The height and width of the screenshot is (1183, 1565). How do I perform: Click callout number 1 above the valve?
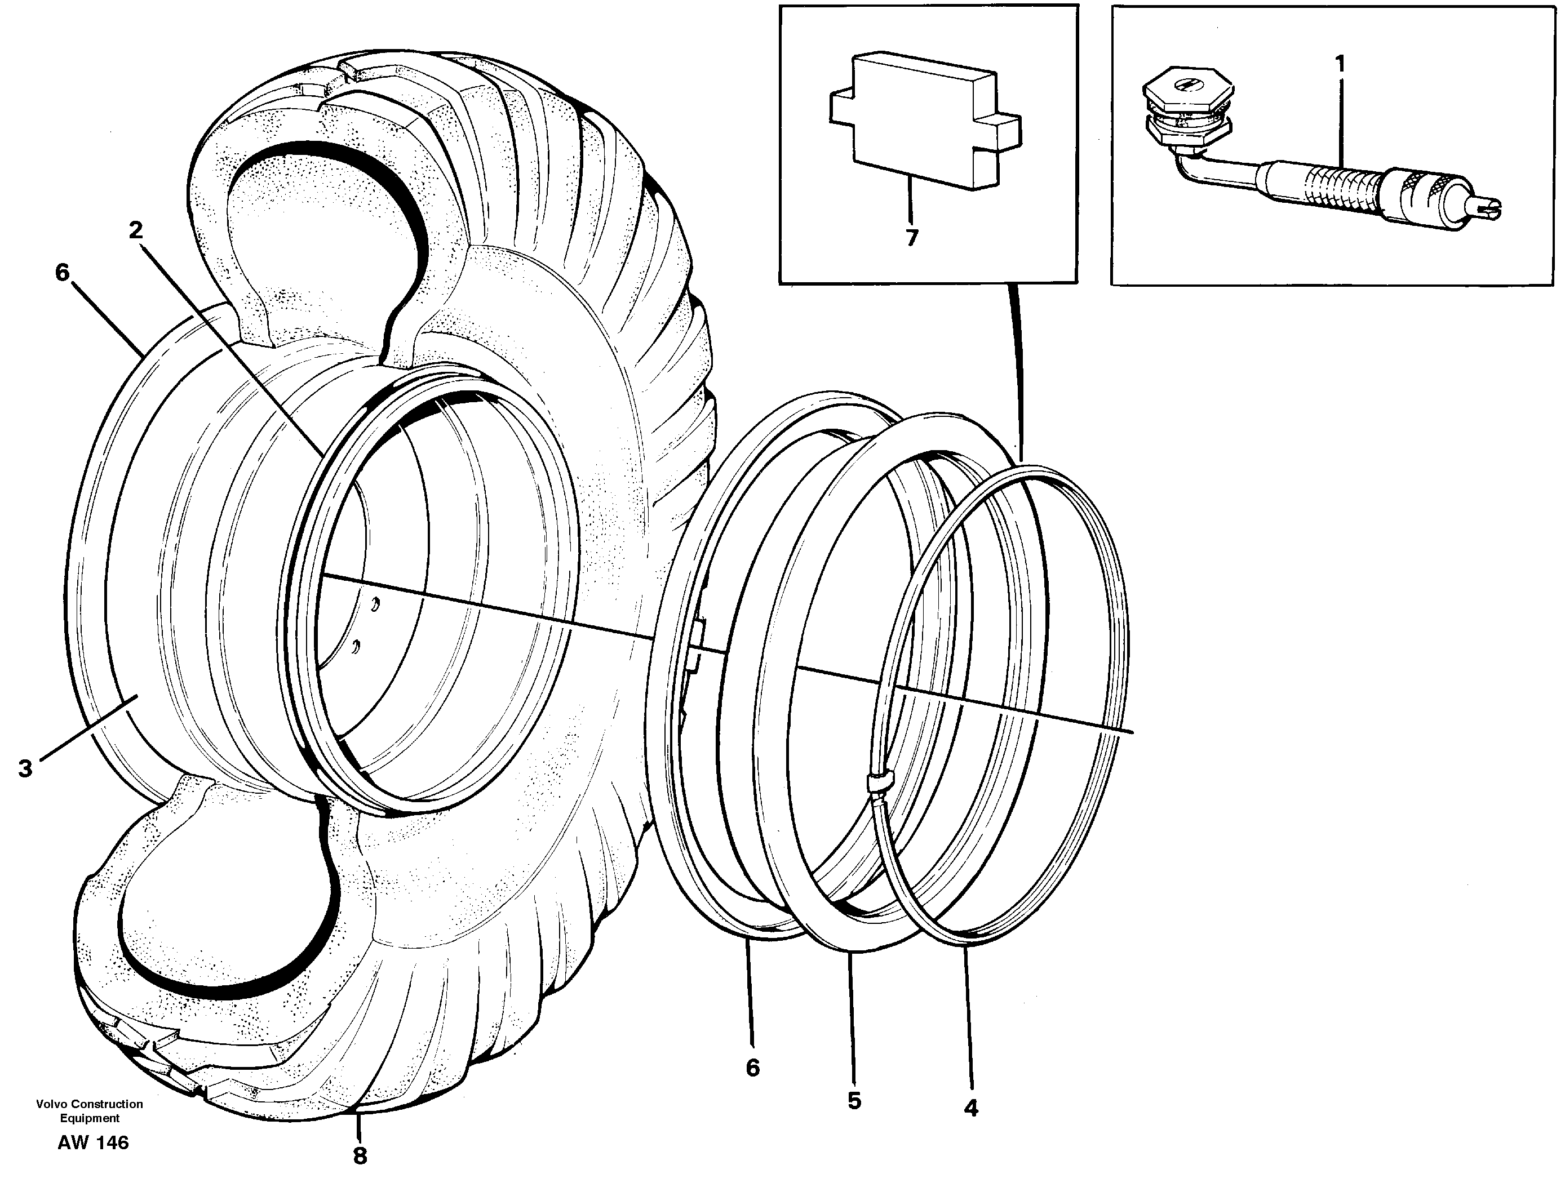1340,65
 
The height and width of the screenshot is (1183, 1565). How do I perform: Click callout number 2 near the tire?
136,230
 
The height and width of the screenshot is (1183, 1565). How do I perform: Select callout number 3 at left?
25,768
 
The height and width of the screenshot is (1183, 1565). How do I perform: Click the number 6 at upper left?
63,272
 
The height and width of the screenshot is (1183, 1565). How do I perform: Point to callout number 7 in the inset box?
912,238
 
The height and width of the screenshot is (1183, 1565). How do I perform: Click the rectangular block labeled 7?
920,120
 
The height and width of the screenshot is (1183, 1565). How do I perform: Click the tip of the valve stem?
1486,207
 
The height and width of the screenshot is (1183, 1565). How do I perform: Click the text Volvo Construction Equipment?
89,1110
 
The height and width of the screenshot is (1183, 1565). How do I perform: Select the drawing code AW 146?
94,1142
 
